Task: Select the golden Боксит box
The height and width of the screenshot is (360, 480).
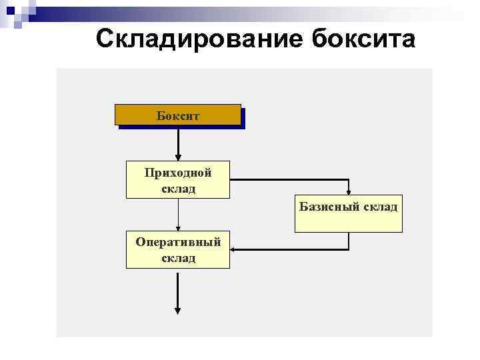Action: [x=177, y=115]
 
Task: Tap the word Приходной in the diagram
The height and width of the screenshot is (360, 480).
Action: [x=178, y=173]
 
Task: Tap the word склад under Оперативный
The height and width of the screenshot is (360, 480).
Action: [x=178, y=257]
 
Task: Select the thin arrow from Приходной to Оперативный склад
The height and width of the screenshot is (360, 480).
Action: [x=178, y=213]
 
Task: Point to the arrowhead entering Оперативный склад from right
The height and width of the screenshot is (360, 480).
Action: [x=234, y=249]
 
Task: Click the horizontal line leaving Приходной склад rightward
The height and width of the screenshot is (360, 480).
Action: [x=287, y=179]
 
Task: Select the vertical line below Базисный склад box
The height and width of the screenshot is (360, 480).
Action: [x=349, y=240]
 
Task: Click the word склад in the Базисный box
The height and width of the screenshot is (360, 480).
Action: [x=380, y=207]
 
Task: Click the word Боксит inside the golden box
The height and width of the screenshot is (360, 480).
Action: [x=177, y=115]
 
